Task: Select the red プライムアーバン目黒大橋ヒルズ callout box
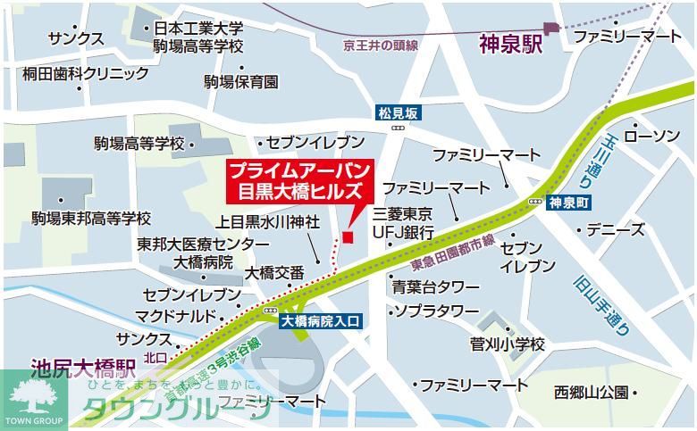[x=299, y=180]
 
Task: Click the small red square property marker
[x=348, y=236]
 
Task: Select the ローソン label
[x=651, y=136]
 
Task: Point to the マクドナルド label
[x=176, y=316]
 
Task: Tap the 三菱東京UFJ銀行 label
[x=403, y=223]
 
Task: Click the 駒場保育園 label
[x=240, y=82]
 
